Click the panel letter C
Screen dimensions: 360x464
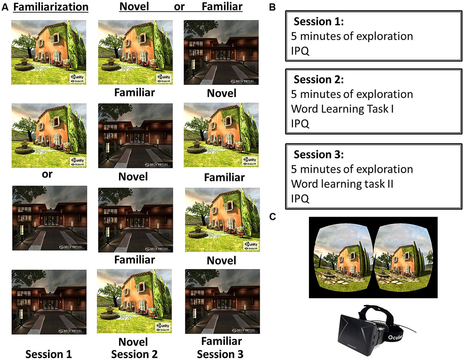(273, 217)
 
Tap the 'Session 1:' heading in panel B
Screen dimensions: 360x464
(317, 22)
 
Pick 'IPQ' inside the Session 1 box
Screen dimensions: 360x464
(300, 50)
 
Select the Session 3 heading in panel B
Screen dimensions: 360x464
(318, 155)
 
